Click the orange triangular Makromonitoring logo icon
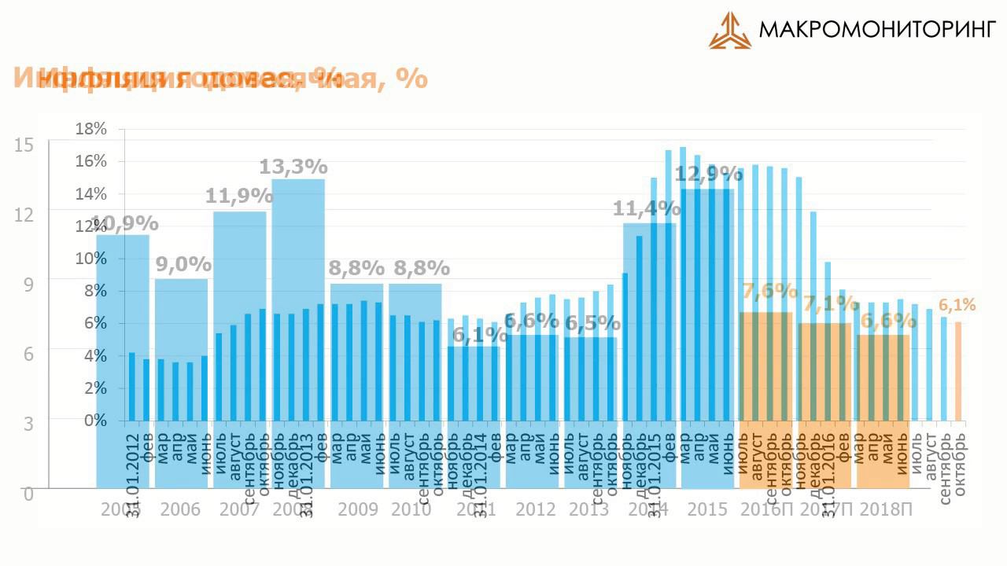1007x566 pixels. coord(729,31)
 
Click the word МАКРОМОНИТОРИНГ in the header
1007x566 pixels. coord(877,31)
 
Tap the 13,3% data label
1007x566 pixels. coord(293,167)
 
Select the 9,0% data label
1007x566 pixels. coord(183,264)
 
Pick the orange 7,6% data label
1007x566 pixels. coord(769,290)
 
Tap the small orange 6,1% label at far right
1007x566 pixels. coord(957,305)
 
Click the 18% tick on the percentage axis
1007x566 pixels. coord(91,129)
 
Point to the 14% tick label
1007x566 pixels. coord(91,194)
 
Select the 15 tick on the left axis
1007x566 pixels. coord(24,145)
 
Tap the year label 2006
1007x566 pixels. coord(180,509)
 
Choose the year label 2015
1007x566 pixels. coord(707,509)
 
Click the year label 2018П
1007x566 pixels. coord(887,509)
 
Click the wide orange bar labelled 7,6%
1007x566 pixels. coord(765,393)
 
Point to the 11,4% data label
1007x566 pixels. coord(647,208)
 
